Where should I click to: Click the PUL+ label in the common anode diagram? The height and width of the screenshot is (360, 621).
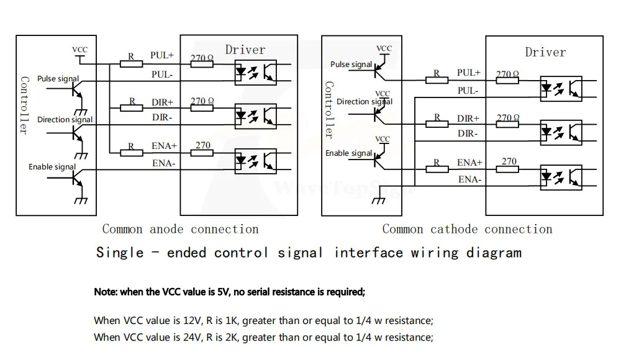click(161, 55)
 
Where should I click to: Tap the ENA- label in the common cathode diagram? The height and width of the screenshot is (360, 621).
click(469, 179)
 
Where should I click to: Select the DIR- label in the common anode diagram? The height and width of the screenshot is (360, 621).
click(162, 117)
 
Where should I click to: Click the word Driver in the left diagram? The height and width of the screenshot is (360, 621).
click(245, 50)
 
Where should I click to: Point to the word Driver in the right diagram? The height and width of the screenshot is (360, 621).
click(545, 52)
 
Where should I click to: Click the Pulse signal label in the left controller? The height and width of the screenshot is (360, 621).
click(58, 79)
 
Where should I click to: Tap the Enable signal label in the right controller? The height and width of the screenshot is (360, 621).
click(349, 153)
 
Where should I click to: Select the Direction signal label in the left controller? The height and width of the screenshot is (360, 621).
click(65, 120)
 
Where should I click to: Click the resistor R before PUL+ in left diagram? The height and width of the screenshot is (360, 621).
click(131, 63)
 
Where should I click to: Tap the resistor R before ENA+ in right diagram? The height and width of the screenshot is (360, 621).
click(437, 169)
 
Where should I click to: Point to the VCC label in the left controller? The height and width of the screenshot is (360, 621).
click(80, 50)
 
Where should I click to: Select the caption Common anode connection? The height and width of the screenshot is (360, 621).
click(180, 230)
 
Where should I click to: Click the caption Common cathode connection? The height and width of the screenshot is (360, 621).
click(467, 230)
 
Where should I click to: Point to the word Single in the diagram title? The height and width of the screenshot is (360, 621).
click(120, 253)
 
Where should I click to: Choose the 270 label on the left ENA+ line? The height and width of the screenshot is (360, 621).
click(203, 146)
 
